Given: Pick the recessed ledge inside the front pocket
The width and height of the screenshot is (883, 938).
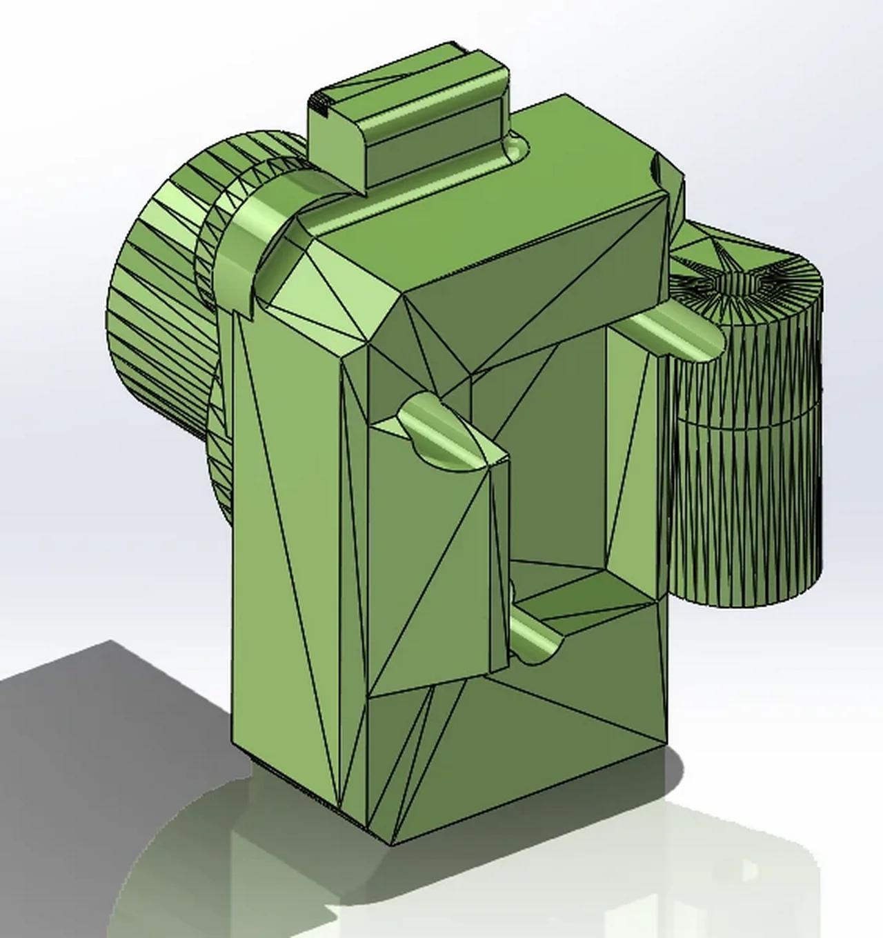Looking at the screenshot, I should (573, 593).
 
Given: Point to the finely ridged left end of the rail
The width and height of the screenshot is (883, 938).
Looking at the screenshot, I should (319, 103).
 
